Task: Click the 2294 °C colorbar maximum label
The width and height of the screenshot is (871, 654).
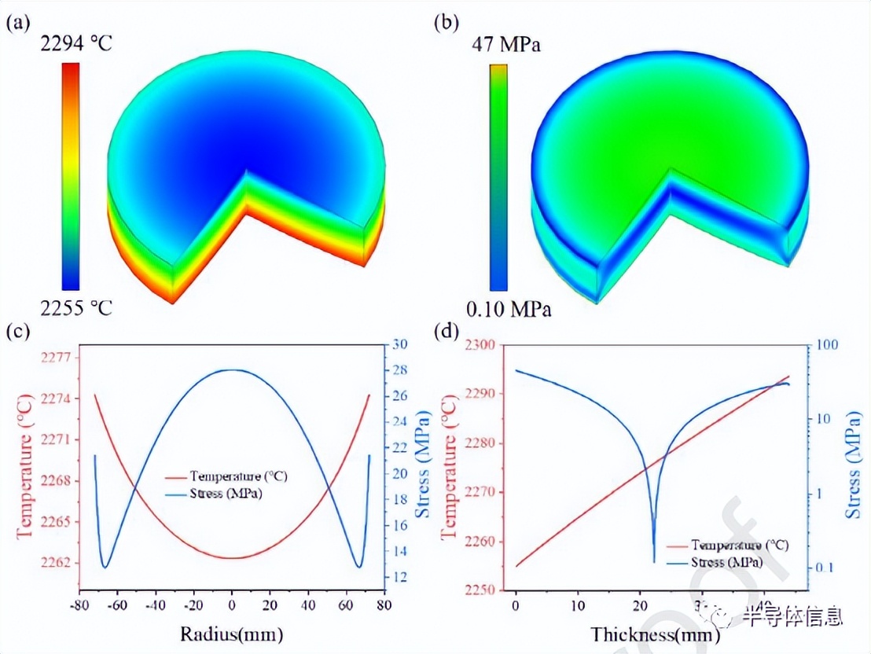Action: coord(76,44)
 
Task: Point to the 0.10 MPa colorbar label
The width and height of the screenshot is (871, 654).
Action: coord(508,310)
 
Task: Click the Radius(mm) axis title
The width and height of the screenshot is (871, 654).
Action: coord(231,633)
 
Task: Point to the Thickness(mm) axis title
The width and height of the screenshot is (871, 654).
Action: coord(644,634)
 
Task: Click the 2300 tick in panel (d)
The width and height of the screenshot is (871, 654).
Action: coord(480,345)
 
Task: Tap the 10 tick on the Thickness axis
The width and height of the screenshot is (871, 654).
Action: coord(578,607)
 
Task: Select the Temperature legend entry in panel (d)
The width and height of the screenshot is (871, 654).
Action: coord(730,545)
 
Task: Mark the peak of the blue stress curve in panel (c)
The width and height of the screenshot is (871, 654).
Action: coord(231,369)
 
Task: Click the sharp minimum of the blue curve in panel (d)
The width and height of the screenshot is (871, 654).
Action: coord(654,561)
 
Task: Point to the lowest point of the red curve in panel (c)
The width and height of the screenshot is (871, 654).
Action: coord(231,558)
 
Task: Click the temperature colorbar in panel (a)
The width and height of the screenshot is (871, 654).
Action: coord(70,177)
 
